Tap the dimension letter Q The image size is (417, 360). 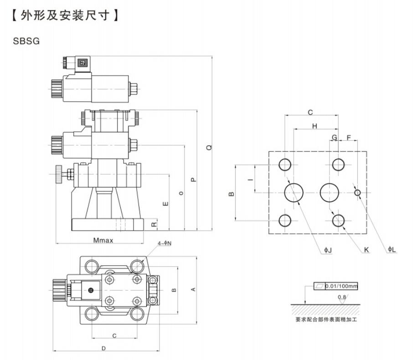209,147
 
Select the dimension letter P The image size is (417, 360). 194,180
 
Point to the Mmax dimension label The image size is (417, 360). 103,240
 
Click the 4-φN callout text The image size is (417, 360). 165,243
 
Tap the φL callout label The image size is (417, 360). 392,250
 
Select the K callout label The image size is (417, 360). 366,250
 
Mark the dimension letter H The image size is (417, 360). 314,126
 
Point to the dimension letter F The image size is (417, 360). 349,137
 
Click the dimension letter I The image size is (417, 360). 250,180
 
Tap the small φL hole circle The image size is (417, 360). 358,193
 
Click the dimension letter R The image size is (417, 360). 154,224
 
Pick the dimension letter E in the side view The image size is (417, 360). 165,202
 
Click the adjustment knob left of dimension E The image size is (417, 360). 58,174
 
